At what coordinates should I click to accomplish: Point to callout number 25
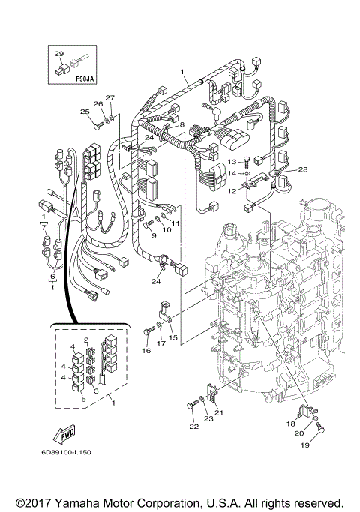(x=85, y=112)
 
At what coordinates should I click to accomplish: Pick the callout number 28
(x=302, y=170)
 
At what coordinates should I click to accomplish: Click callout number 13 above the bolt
(x=232, y=161)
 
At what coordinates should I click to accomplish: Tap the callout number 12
(x=232, y=192)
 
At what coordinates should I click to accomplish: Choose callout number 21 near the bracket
(x=220, y=412)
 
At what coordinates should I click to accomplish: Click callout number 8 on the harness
(x=181, y=124)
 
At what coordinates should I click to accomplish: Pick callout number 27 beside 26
(x=109, y=98)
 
